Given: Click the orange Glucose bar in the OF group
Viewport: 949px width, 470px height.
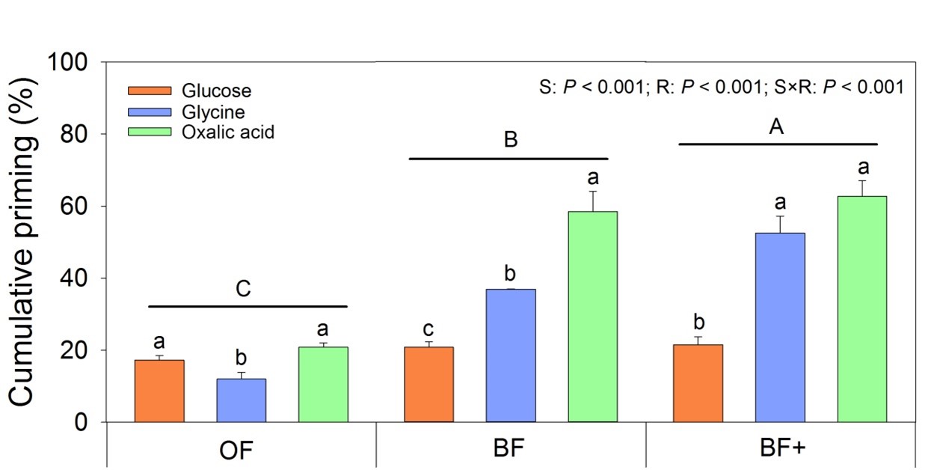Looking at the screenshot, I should [159, 391].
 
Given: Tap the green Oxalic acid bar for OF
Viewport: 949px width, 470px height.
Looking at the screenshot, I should [323, 385].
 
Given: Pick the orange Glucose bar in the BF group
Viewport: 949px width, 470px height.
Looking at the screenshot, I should [429, 385].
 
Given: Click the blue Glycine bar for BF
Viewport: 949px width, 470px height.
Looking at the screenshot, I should [511, 355].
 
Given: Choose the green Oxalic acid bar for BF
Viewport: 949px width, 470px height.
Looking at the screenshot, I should [593, 317].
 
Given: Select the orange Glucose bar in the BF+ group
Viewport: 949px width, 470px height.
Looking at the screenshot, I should [698, 383].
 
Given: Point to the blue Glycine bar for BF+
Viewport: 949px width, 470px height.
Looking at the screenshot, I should [780, 328].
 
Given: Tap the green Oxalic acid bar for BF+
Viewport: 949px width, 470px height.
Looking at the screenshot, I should [862, 309].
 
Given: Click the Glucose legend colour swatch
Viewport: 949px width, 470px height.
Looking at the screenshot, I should [151, 91].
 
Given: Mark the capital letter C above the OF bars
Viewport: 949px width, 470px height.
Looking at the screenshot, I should [244, 290].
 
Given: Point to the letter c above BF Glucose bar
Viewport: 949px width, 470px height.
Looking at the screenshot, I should [429, 330].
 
